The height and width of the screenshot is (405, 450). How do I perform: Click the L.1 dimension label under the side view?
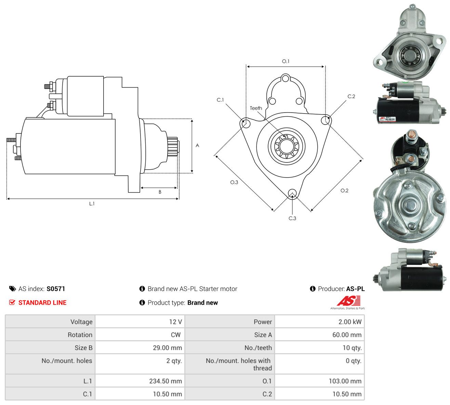[x=92, y=204]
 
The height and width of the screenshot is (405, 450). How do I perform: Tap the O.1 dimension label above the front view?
[x=286, y=61]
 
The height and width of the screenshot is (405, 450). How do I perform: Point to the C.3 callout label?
[x=292, y=218]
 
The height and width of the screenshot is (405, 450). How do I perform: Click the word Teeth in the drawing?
[x=256, y=108]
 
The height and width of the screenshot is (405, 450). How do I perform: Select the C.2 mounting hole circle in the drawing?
[x=326, y=120]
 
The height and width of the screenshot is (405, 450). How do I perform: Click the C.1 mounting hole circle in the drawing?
[x=246, y=123]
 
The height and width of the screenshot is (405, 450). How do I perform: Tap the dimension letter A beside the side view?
[x=197, y=145]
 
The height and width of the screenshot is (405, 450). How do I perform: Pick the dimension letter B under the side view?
[x=160, y=192]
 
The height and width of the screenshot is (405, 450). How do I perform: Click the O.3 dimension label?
[x=234, y=182]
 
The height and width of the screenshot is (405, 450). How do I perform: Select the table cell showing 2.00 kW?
[x=319, y=322]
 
